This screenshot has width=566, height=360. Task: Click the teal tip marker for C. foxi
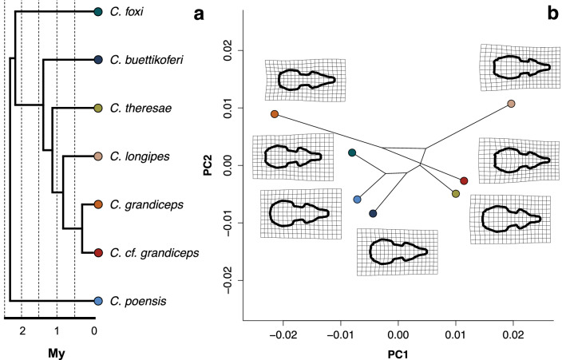[x=97, y=12]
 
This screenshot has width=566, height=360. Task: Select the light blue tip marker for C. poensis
[x=97, y=301]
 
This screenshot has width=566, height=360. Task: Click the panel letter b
[x=552, y=13]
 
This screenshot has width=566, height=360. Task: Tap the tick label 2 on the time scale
[x=22, y=330]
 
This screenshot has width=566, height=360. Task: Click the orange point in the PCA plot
[x=274, y=115]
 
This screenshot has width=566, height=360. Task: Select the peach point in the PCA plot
[x=511, y=105]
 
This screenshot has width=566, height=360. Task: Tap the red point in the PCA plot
[x=464, y=181]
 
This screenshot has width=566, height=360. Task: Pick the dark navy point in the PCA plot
[x=373, y=213]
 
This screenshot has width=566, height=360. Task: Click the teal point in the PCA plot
[x=352, y=152]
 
